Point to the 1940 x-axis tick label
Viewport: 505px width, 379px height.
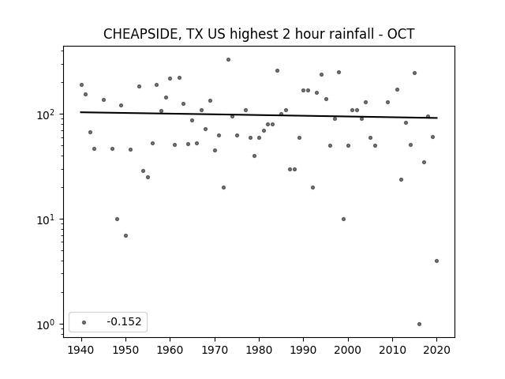[x=81, y=350]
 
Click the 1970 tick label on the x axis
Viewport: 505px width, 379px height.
[x=215, y=350]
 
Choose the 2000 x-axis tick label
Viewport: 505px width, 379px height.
[x=348, y=350]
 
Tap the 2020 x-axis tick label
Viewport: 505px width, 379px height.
[x=436, y=350]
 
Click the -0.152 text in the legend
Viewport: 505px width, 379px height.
[x=124, y=321]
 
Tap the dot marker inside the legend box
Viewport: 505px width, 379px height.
[x=84, y=322]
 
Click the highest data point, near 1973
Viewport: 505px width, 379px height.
[x=228, y=60]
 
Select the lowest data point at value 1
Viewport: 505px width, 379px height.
[x=419, y=325]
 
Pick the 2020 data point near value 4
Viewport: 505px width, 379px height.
[x=436, y=261]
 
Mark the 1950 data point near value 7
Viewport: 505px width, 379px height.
[x=126, y=235]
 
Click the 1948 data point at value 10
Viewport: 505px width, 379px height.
[x=117, y=220]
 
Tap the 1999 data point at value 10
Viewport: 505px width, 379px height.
[x=344, y=220]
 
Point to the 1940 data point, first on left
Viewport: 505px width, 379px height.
[x=81, y=84]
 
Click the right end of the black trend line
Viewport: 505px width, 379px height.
[x=437, y=118]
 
